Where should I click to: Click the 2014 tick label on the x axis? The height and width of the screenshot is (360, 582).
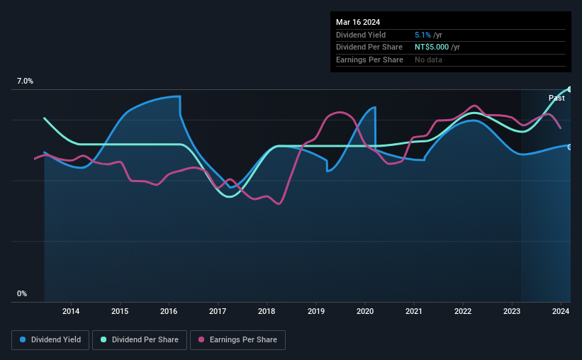70,311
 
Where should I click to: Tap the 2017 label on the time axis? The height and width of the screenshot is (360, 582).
218,311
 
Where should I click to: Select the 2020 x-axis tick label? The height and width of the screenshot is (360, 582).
365,311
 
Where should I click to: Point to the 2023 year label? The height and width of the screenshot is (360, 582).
512,311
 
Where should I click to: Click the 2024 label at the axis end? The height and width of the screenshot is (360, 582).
561,311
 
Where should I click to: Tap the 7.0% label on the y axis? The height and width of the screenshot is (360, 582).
25,81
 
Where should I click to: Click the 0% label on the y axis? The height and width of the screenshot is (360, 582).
22,293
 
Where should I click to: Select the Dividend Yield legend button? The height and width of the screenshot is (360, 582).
50,340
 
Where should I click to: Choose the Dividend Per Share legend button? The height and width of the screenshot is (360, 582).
140,340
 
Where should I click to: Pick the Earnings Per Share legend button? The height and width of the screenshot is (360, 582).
237,340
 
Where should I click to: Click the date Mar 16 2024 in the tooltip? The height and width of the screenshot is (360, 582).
358,22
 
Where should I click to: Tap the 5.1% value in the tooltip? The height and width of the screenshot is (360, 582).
422,35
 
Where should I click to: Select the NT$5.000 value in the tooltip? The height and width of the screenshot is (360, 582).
432,47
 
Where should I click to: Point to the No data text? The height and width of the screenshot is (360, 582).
428,60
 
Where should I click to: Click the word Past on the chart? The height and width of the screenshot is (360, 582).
556,98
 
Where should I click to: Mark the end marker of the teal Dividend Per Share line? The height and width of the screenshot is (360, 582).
570,89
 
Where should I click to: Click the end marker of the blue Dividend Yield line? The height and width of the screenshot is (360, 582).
570,147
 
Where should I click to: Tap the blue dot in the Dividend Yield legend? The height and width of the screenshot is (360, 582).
23,339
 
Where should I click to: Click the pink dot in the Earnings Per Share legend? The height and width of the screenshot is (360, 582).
201,339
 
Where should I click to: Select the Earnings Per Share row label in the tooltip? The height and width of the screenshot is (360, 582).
369,60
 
